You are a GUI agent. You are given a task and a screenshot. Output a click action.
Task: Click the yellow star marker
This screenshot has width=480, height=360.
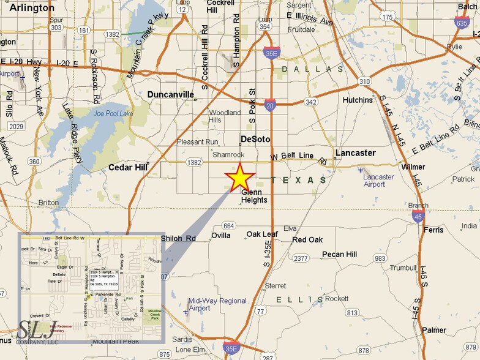point(239,178)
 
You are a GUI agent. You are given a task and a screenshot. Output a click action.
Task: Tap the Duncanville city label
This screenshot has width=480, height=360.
point(171,94)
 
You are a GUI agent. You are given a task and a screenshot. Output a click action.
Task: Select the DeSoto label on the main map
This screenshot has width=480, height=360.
point(256,139)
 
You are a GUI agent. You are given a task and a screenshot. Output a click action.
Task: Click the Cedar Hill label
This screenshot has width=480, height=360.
point(129,167)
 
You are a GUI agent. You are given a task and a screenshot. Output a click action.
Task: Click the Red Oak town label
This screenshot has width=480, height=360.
point(307,239)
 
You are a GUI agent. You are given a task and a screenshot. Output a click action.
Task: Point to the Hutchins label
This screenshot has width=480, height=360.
point(358,100)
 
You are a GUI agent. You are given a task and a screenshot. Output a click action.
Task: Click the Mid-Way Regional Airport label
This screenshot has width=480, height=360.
point(217,304)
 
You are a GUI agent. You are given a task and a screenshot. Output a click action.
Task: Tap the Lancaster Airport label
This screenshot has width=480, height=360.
point(379,181)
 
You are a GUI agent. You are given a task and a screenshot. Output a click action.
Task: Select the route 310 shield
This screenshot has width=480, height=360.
point(364,81)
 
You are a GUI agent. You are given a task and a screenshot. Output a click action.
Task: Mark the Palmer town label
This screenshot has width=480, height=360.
point(433,330)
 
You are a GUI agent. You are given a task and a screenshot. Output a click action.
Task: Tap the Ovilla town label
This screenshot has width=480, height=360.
point(220,235)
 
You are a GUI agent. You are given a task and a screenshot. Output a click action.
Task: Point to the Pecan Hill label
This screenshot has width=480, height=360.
point(340,254)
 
